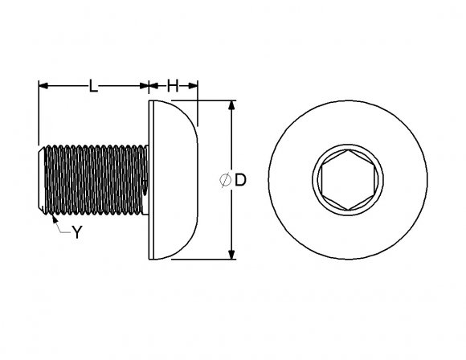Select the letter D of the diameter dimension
pos(239,181)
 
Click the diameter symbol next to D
pos(224,181)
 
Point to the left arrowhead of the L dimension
pos(43,85)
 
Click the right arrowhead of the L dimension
pos(145,85)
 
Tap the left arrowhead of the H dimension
pos(155,85)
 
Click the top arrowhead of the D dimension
pos(231,105)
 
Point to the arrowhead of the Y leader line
pos(51,216)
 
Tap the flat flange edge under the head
pos(150,180)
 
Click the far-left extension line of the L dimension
pos(39,112)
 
